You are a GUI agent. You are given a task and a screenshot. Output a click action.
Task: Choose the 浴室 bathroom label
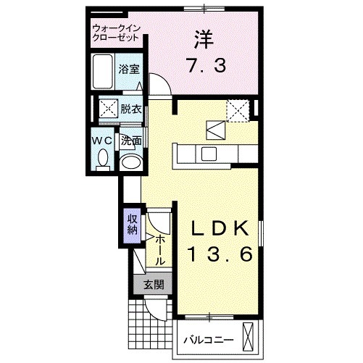130,71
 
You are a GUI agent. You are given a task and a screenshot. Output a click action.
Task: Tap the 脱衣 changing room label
130,109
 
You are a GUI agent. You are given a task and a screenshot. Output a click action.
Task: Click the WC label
101,140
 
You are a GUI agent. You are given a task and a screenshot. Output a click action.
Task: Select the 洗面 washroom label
130,141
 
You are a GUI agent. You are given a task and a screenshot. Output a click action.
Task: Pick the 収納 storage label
132,225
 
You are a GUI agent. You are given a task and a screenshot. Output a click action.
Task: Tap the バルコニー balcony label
207,339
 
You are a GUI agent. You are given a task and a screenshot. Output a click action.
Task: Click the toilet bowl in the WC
102,158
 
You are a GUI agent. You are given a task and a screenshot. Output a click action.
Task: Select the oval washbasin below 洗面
131,162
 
